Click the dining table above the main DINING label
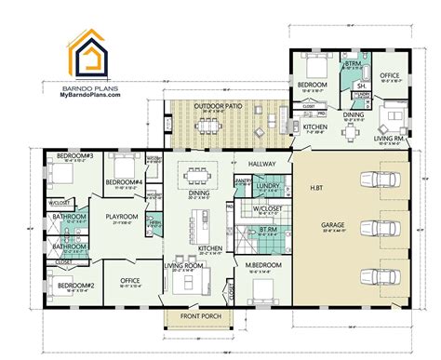point(197,173)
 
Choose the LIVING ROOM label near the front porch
point(182,264)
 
